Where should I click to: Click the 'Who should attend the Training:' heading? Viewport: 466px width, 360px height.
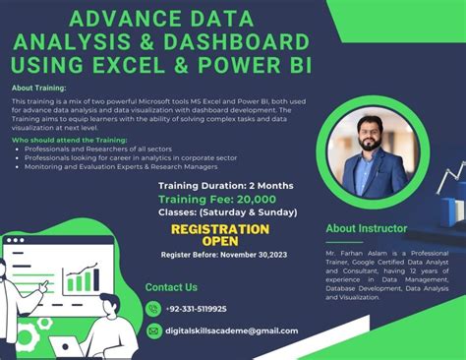(60, 141)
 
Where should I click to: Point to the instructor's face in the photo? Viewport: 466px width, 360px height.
(371, 134)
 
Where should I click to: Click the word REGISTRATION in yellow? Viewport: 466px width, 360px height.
(220, 229)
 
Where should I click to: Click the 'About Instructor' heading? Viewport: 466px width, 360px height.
(366, 228)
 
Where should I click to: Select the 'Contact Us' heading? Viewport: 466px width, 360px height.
(171, 287)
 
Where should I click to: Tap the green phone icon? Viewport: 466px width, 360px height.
(153, 309)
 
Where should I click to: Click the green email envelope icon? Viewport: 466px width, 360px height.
(153, 330)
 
